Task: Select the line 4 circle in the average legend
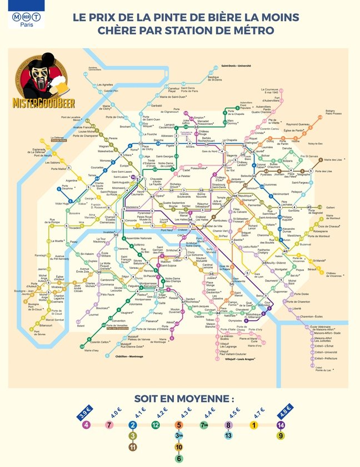tap(86, 425)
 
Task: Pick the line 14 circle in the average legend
tap(281, 425)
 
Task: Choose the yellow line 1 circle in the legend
tap(254, 425)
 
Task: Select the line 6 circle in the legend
tap(178, 458)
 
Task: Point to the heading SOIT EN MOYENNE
tap(184, 399)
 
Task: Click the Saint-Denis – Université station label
tap(236, 66)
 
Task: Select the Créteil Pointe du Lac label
tap(323, 369)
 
